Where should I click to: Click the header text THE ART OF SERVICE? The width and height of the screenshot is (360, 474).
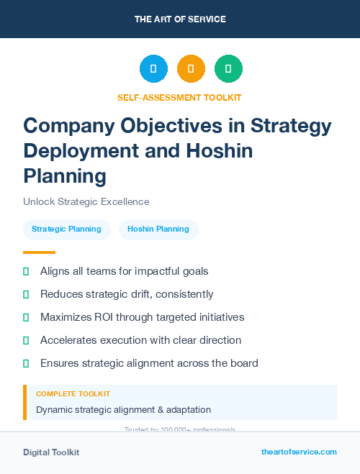click(x=180, y=19)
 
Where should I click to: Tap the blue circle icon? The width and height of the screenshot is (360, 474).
click(x=153, y=69)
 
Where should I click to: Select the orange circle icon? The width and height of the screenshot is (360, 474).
click(x=191, y=69)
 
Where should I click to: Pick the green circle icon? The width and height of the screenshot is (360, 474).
click(x=228, y=69)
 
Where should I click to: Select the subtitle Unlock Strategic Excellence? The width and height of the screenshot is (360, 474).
click(x=86, y=201)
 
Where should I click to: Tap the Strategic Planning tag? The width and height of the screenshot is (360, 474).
click(x=66, y=229)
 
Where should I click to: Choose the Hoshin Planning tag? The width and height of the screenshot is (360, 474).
click(x=158, y=229)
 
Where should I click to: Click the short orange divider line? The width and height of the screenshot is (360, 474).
click(x=39, y=252)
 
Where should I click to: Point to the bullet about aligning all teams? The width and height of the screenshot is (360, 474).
click(x=124, y=271)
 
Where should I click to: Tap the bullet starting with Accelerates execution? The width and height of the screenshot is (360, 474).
click(x=140, y=340)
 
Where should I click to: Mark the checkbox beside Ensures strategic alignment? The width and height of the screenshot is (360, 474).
click(x=26, y=363)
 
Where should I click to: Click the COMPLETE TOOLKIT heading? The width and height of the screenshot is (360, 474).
click(x=73, y=394)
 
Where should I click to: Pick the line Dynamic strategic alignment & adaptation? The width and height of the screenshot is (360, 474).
click(x=123, y=410)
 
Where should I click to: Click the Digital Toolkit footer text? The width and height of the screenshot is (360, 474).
click(x=51, y=452)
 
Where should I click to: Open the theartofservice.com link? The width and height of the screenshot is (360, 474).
click(x=299, y=452)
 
